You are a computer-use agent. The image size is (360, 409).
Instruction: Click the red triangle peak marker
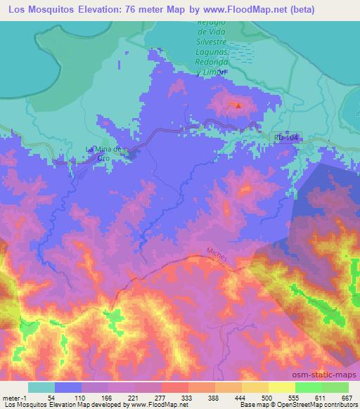tap(238, 107)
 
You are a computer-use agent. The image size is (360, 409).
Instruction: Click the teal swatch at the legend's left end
tap(41, 387)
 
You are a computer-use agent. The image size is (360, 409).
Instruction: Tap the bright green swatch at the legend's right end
tap(335, 387)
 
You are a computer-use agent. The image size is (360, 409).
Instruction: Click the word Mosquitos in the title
tap(63, 9)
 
